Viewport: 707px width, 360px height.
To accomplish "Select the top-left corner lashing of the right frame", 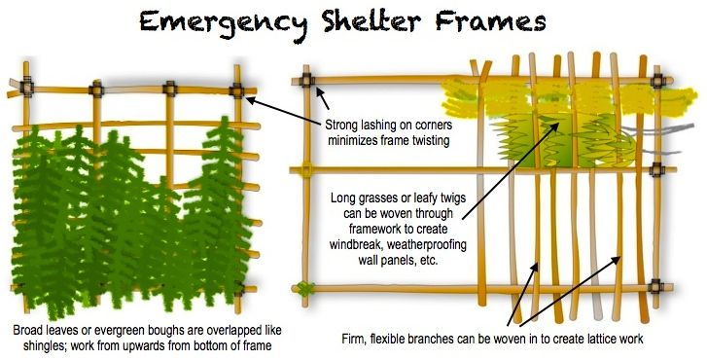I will [309, 80].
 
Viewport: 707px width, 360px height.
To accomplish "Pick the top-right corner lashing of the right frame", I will [659, 80].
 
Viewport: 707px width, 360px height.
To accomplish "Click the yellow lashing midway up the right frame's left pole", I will [305, 172].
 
